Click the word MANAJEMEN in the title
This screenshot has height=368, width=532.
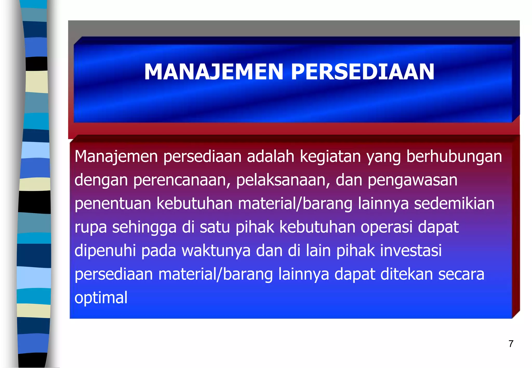coord(214,72)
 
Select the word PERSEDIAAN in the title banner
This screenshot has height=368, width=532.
coord(363,72)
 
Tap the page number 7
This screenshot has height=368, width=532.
coord(511,344)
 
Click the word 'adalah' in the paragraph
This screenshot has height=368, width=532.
coord(270,157)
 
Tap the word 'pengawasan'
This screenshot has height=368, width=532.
coord(413,181)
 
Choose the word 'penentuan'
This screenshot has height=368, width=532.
coord(113,204)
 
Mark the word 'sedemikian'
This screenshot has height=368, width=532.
coord(454,203)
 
